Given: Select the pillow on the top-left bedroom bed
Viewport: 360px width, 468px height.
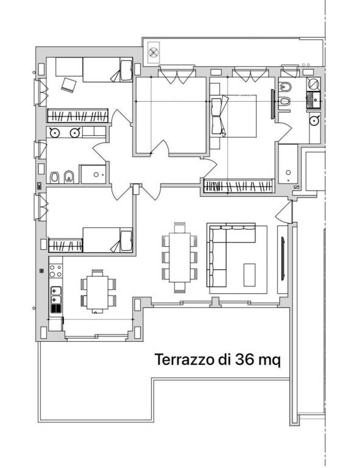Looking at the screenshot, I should (x=125, y=70).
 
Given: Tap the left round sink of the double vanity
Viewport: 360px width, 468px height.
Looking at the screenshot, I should (x=55, y=132).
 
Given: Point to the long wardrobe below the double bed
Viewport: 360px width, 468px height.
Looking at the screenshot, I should (x=238, y=186).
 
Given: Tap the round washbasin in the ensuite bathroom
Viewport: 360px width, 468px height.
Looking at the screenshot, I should (x=314, y=121).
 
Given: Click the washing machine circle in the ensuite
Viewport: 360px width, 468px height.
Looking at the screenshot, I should (x=313, y=85).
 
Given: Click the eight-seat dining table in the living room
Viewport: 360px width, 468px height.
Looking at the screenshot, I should (x=180, y=257).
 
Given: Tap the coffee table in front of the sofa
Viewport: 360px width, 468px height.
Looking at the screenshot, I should (x=250, y=274).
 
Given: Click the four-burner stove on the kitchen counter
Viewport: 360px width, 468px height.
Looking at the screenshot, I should (x=55, y=295).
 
